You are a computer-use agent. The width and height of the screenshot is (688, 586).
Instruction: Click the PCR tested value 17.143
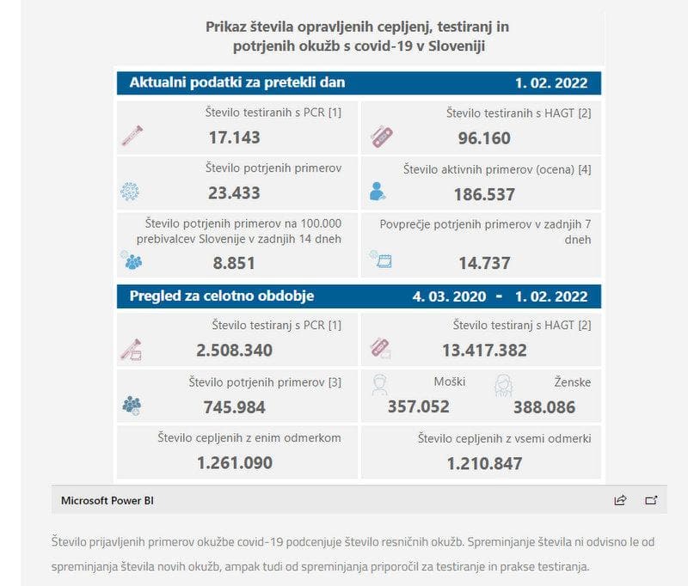coord(234,137)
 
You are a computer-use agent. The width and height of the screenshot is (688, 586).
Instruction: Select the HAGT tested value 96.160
coord(484,138)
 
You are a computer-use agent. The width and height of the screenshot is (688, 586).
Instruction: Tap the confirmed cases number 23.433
coord(234,194)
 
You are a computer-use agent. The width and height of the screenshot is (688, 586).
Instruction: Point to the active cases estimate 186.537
coord(484,195)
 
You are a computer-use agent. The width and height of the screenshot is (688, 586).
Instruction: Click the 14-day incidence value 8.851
coord(234,263)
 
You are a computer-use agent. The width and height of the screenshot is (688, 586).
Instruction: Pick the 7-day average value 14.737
coord(484,263)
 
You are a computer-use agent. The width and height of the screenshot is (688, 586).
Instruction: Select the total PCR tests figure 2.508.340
coord(234,350)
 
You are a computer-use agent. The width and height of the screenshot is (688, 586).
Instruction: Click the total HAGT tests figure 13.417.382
coord(484,350)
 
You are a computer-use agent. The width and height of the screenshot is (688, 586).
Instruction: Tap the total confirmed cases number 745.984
coord(234,406)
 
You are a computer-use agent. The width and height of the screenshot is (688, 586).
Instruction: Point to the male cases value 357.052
coord(418,406)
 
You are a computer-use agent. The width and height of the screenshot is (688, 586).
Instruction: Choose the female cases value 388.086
coord(544,406)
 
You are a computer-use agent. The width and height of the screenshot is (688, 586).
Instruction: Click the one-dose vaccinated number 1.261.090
coord(234,463)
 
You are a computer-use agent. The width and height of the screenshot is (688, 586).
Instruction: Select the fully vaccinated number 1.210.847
coord(484,464)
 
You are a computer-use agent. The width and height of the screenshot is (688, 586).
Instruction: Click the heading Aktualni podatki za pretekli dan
coord(237,82)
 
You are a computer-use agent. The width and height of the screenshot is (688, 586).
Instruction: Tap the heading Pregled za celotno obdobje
coord(222,296)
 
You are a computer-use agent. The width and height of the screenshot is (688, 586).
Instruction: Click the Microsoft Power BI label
coord(107,499)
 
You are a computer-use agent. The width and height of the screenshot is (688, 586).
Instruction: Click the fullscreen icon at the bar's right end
coord(651,499)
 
